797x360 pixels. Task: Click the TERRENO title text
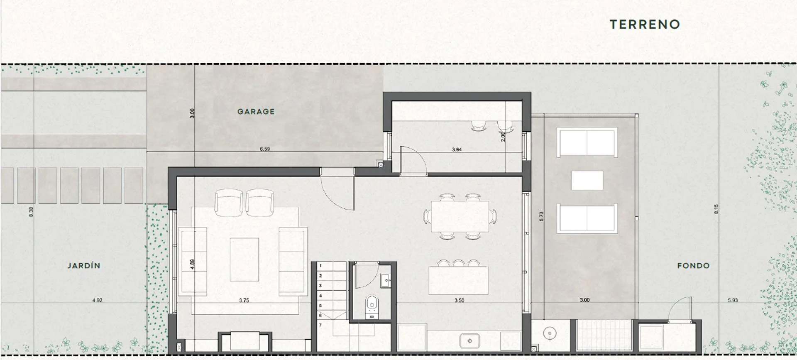pos(645,24)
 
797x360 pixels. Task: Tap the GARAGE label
pos(256,112)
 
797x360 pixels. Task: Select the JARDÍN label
pos(84,266)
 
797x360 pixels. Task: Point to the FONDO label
pos(693,266)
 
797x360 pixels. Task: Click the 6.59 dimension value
pos(265,149)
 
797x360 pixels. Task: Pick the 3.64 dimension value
pos(457,149)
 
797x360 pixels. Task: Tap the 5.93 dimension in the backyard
pos(733,300)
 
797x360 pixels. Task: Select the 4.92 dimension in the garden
pos(97,300)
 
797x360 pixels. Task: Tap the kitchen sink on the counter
pos(470,341)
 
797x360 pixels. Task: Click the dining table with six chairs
pos(460,216)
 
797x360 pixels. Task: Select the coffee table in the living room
pos(244,260)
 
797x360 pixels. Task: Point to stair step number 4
pos(320,296)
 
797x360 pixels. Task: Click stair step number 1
pos(320,265)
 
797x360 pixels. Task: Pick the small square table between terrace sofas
pos(587,180)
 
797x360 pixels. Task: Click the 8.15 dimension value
pos(716,209)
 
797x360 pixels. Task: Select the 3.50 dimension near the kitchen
pos(459,300)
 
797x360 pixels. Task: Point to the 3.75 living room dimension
pos(244,300)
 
